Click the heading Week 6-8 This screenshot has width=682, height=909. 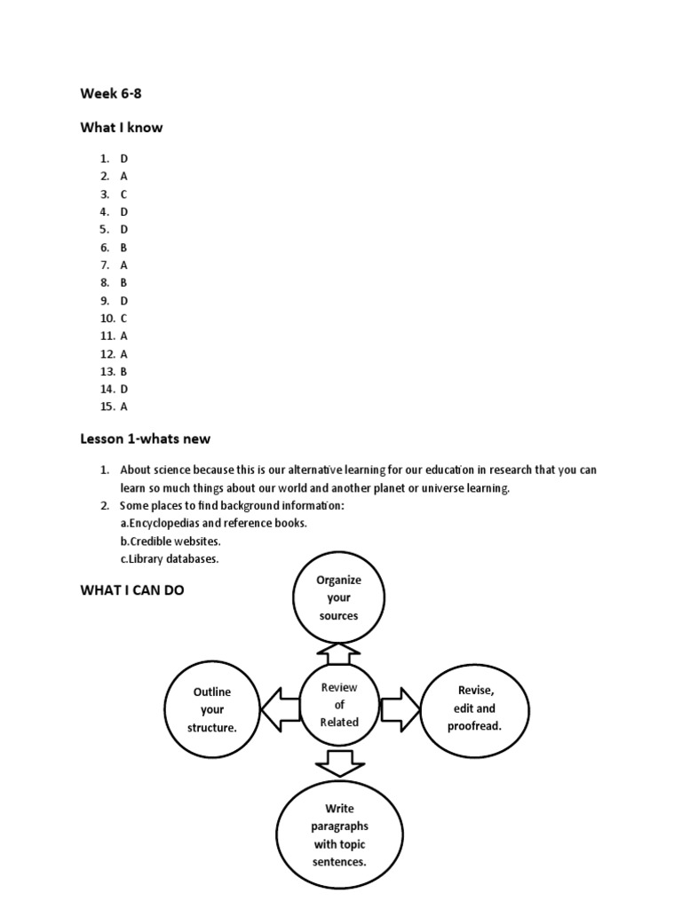pos(111,93)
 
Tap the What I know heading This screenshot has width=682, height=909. pos(122,127)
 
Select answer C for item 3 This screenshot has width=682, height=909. pos(124,194)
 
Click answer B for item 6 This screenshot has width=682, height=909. pos(124,247)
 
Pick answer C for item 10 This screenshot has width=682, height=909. pos(124,318)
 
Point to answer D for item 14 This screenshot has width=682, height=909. pos(124,389)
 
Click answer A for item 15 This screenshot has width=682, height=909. pos(124,407)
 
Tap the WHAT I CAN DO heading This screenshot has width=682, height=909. pos(132,589)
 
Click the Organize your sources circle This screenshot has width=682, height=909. pos(338,597)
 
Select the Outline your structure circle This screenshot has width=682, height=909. pos(211,709)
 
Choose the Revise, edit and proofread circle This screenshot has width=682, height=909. pos(474,708)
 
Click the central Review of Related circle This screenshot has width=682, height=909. pos(339,704)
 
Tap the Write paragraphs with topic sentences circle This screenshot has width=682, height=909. pos(339,834)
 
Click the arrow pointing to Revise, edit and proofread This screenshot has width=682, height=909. pos(400,708)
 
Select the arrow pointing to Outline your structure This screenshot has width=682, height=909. pos(278,708)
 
